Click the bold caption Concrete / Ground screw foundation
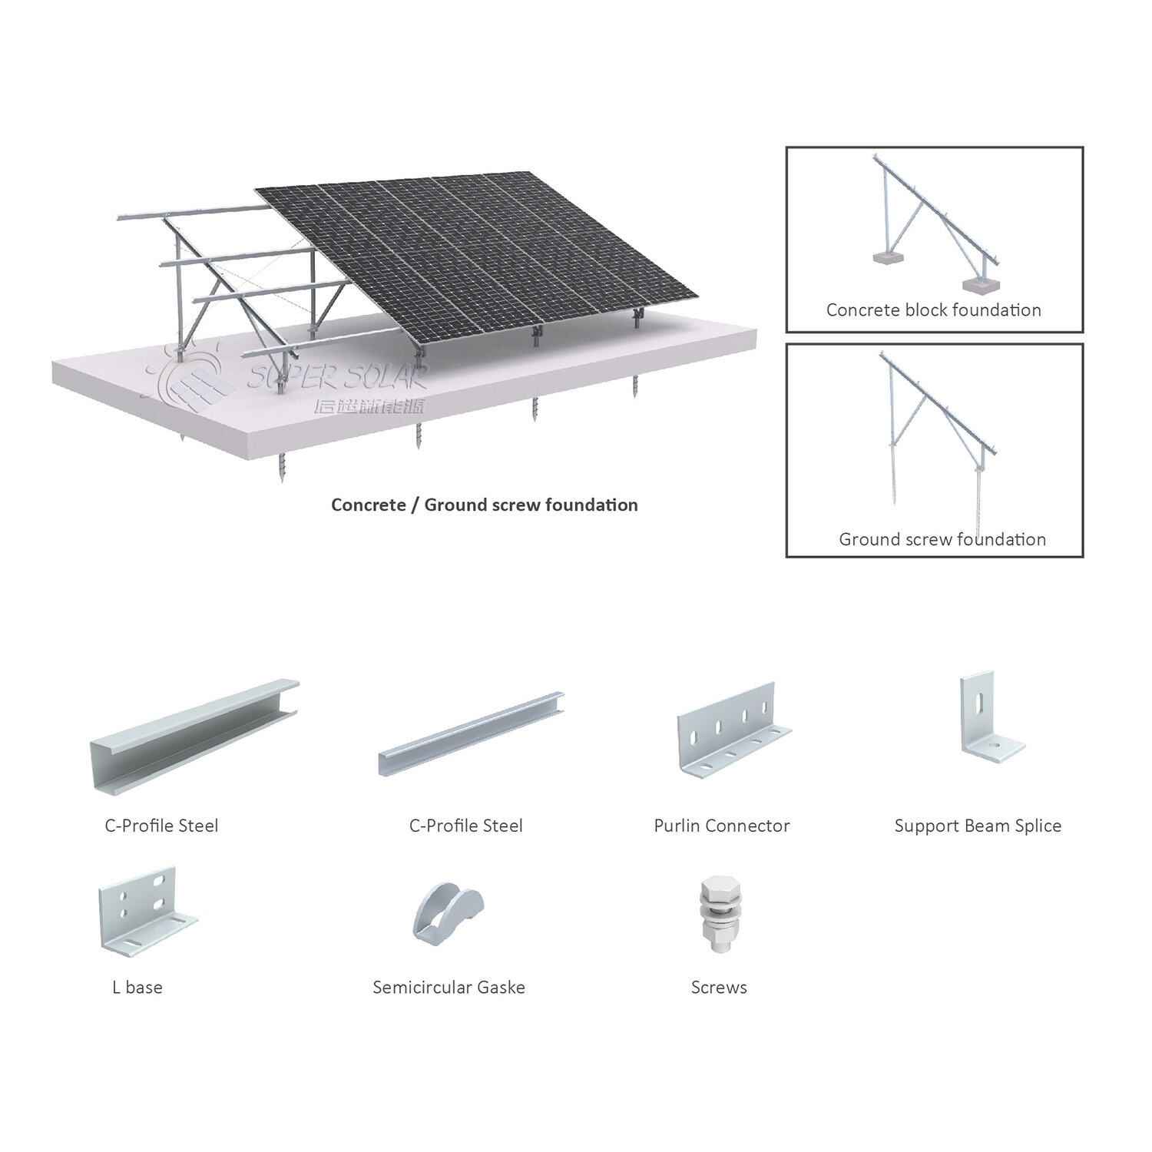click(x=484, y=505)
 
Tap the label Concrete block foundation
click(x=933, y=310)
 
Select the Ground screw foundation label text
click(x=942, y=539)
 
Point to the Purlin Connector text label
click(x=721, y=826)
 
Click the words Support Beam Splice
click(x=978, y=826)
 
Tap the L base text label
click(x=137, y=987)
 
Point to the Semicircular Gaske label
click(x=449, y=987)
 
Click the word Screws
click(x=719, y=987)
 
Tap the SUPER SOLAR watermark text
click(x=338, y=376)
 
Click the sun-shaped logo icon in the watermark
click(x=192, y=372)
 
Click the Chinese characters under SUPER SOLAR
click(x=369, y=406)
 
